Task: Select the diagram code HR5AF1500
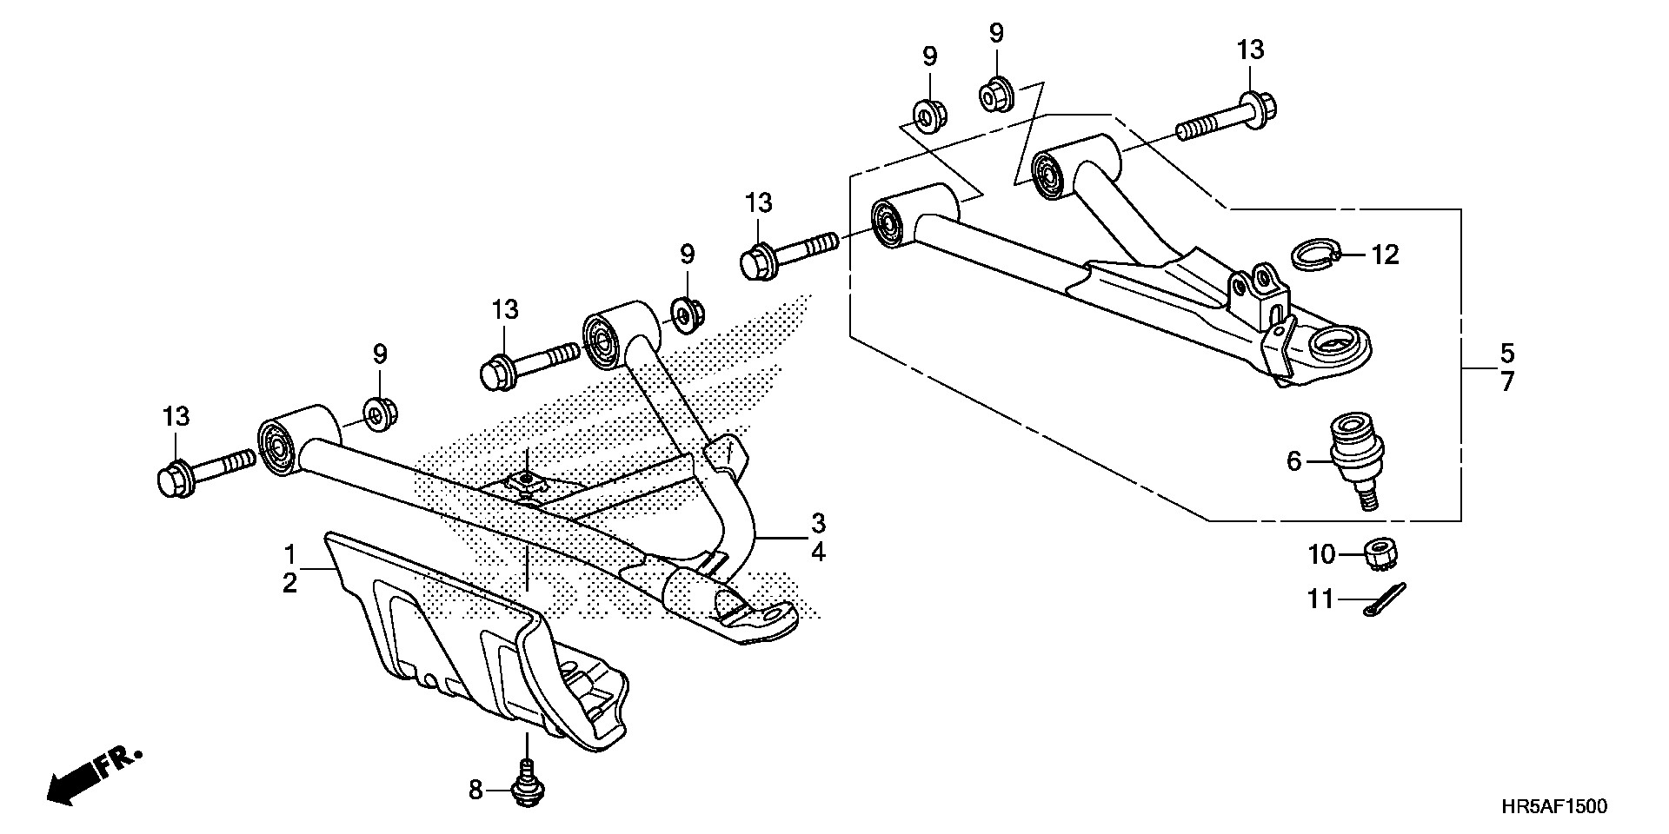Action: click(x=1554, y=807)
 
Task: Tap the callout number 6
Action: click(x=1293, y=461)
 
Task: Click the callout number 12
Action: click(x=1386, y=255)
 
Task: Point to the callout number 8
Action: click(x=475, y=790)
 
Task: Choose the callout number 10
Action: click(x=1320, y=553)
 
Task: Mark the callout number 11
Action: click(x=1320, y=599)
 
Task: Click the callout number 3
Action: click(x=818, y=524)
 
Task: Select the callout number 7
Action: click(x=1506, y=381)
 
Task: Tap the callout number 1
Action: click(x=290, y=553)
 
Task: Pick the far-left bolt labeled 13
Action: click(x=203, y=469)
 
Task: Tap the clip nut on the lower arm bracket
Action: click(x=526, y=480)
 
